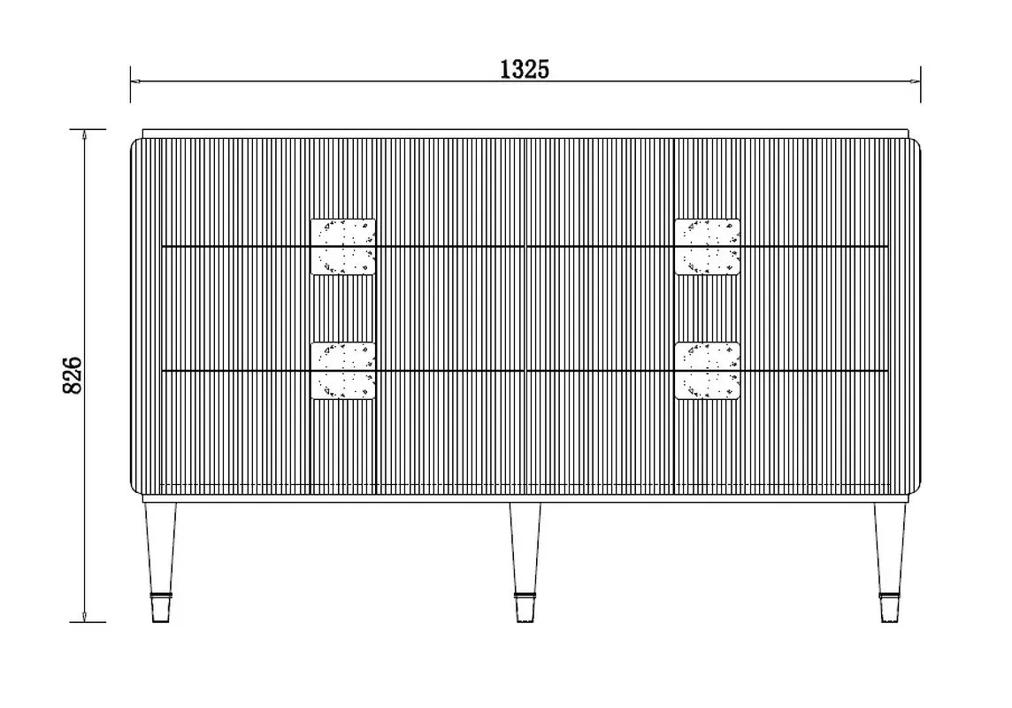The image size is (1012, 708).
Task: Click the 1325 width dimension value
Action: [525, 68]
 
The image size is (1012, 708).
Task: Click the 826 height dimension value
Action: [73, 375]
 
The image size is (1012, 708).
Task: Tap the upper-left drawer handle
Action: [342, 247]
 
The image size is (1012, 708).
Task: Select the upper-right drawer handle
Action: [708, 247]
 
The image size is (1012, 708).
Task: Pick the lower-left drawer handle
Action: [342, 371]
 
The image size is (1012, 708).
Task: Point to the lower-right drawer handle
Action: [708, 371]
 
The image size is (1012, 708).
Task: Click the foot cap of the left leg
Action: [161, 607]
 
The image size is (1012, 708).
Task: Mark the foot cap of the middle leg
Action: [525, 607]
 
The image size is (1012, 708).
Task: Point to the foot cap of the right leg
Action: [890, 607]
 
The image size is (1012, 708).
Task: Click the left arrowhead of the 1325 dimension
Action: [135, 81]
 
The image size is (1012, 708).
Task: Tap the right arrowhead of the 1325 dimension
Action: [916, 81]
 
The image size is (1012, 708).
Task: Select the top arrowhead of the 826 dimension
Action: [85, 135]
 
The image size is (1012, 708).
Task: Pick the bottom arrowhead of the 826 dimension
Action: [85, 616]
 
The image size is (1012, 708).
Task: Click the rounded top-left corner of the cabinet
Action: [134, 142]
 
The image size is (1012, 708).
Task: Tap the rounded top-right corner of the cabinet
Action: [917, 142]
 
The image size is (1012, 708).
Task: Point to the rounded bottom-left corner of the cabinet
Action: [134, 489]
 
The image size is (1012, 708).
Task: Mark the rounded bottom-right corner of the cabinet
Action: [917, 489]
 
